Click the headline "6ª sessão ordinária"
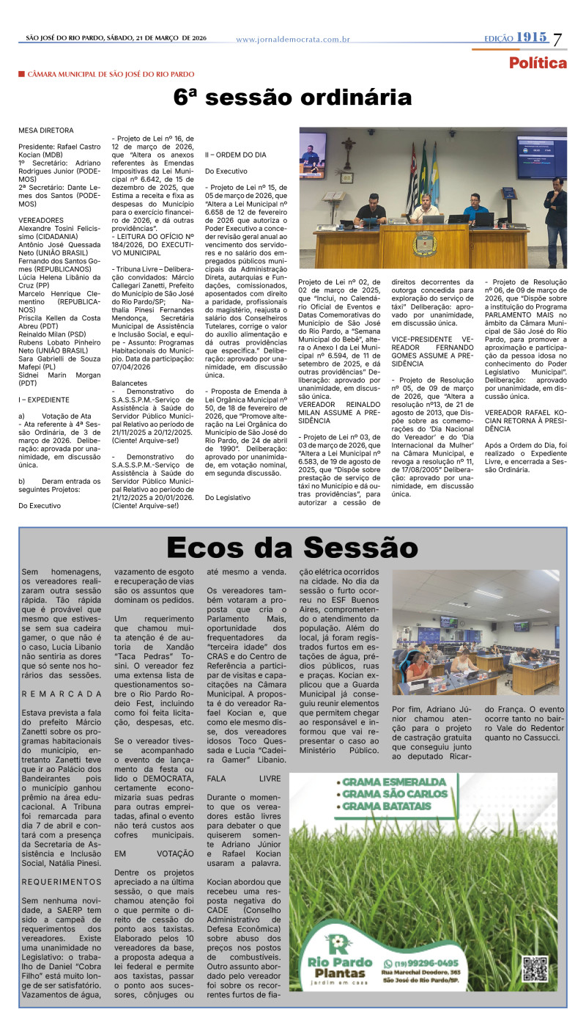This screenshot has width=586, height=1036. (x=292, y=98)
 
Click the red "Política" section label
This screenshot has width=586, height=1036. (x=538, y=63)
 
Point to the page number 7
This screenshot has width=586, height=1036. (x=558, y=40)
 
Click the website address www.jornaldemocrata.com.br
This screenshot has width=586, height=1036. (x=292, y=40)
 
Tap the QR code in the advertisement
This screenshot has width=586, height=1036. (x=535, y=969)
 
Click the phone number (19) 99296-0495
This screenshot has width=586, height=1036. (x=426, y=963)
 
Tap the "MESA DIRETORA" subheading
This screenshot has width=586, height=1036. (x=46, y=130)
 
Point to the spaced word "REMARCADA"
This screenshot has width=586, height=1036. (x=62, y=693)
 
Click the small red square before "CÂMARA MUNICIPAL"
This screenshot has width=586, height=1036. (x=22, y=74)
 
